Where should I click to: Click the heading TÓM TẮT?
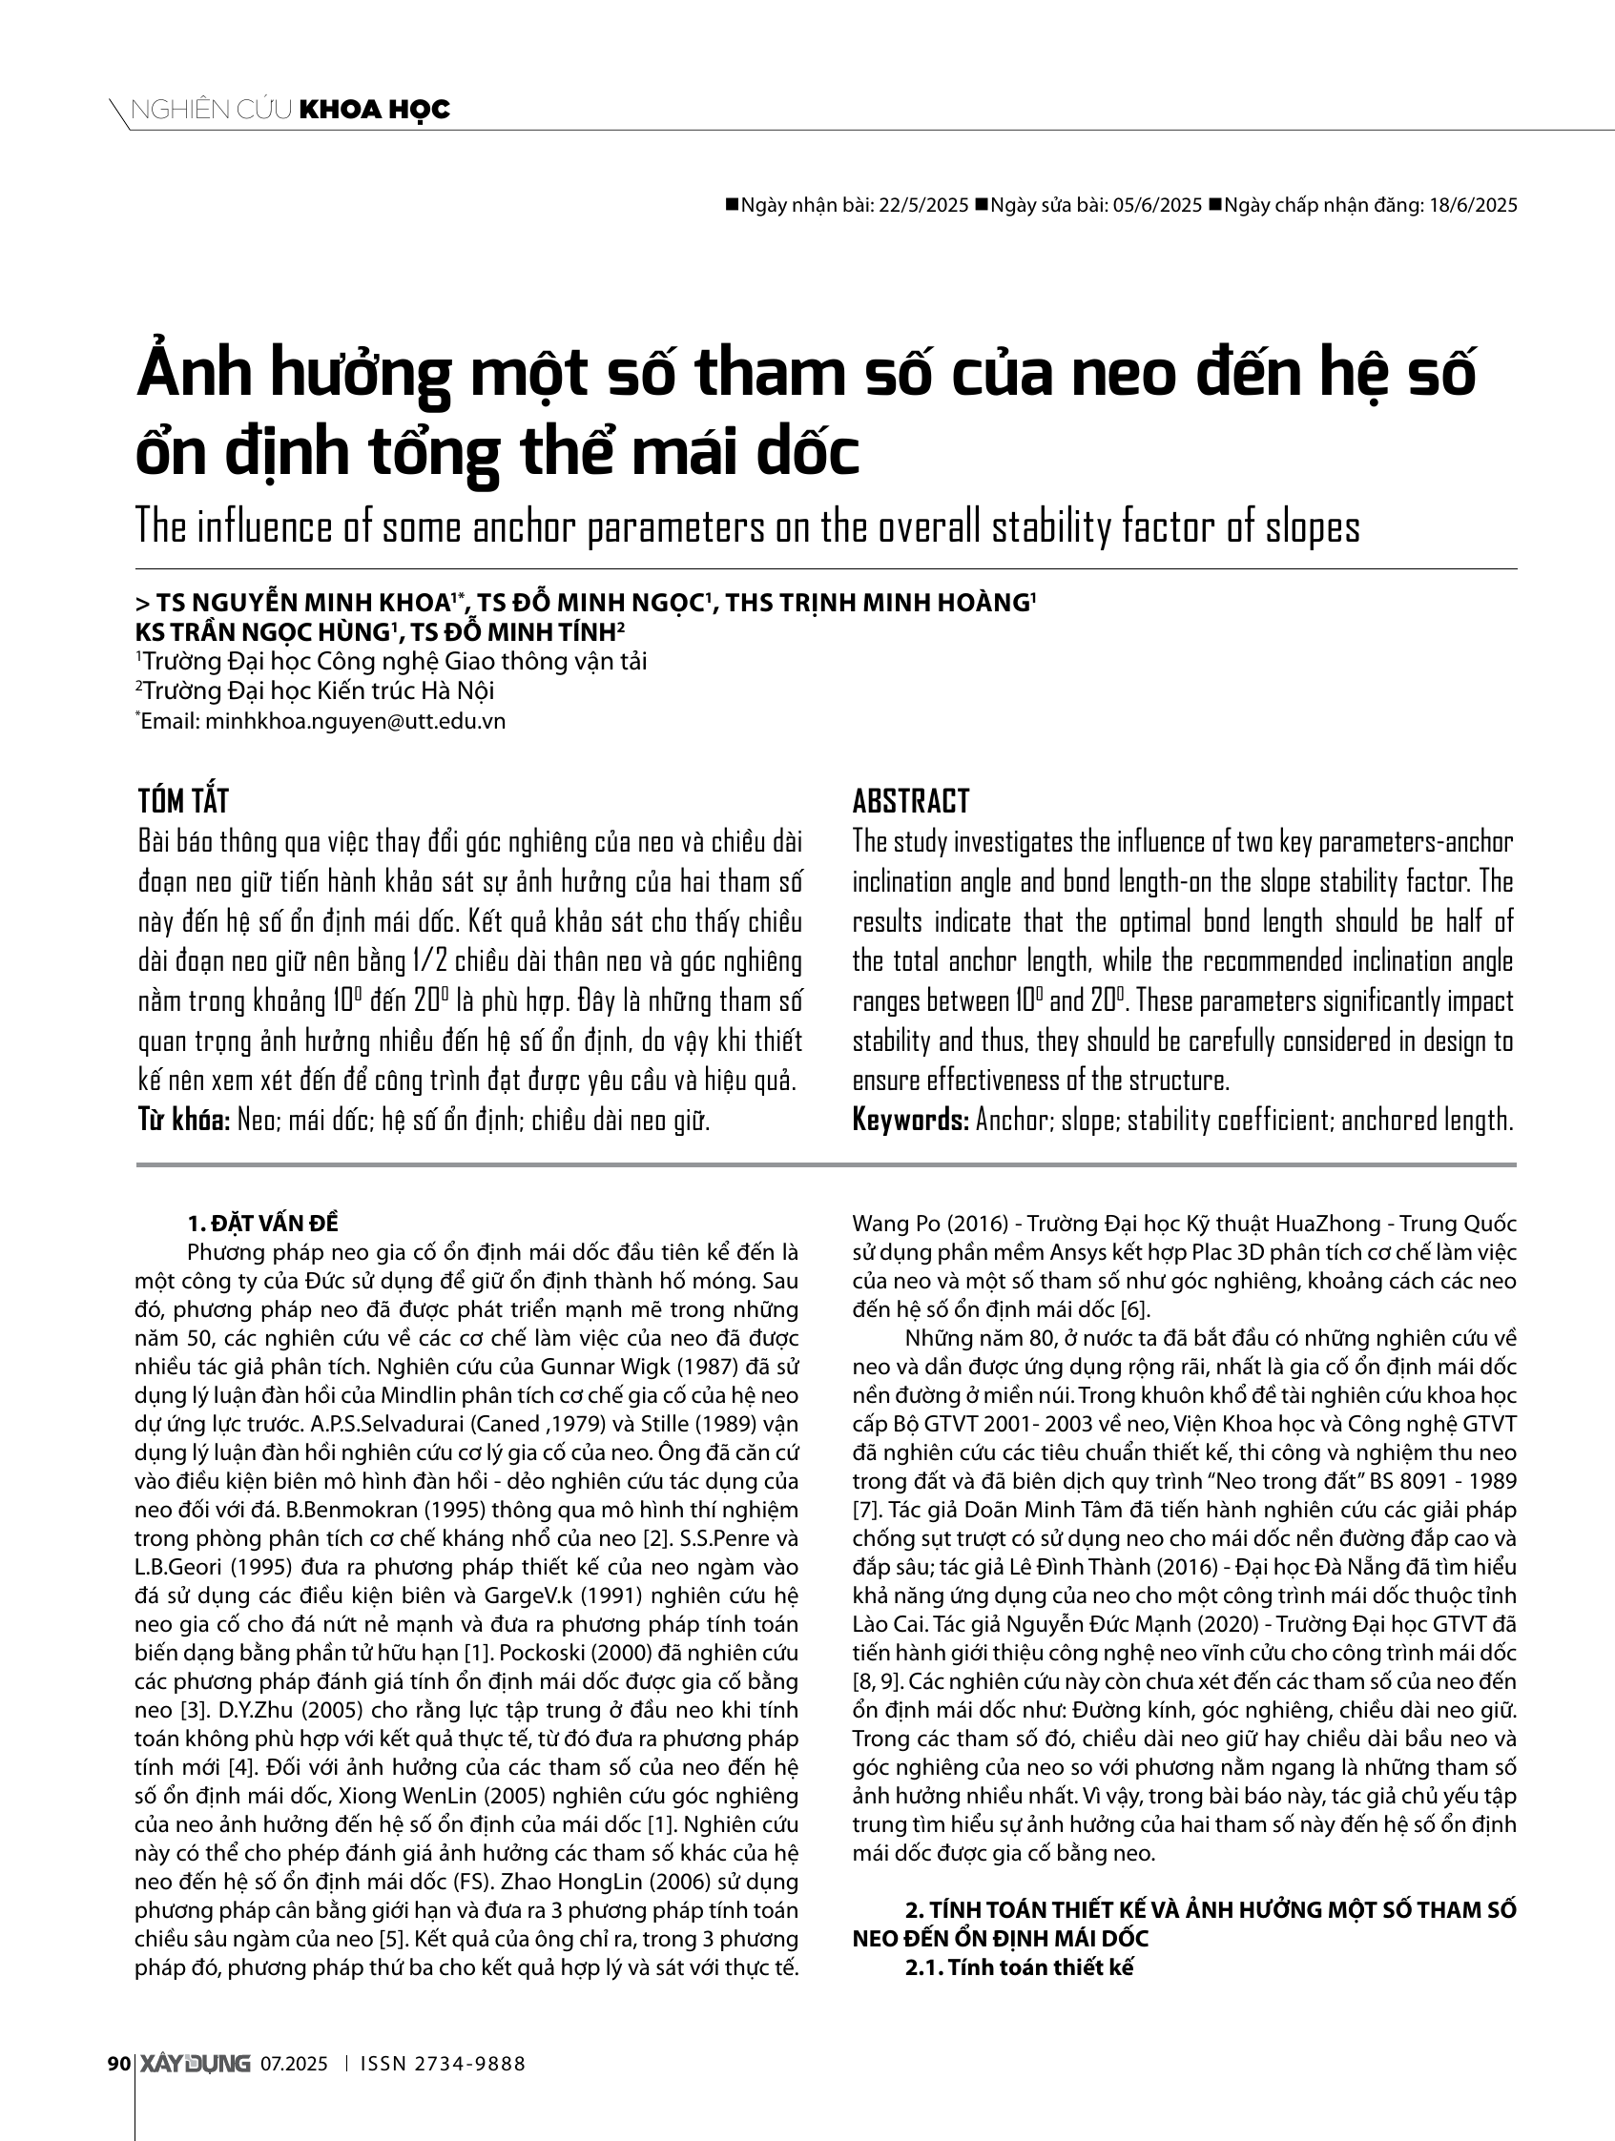click(183, 801)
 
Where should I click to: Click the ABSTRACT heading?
click(910, 801)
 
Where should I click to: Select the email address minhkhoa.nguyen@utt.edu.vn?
click(356, 721)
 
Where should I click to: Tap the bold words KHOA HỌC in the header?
click(376, 111)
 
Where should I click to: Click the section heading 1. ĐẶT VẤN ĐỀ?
click(263, 1223)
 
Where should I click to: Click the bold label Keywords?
click(910, 1120)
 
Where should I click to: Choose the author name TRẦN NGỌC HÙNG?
click(271, 633)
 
